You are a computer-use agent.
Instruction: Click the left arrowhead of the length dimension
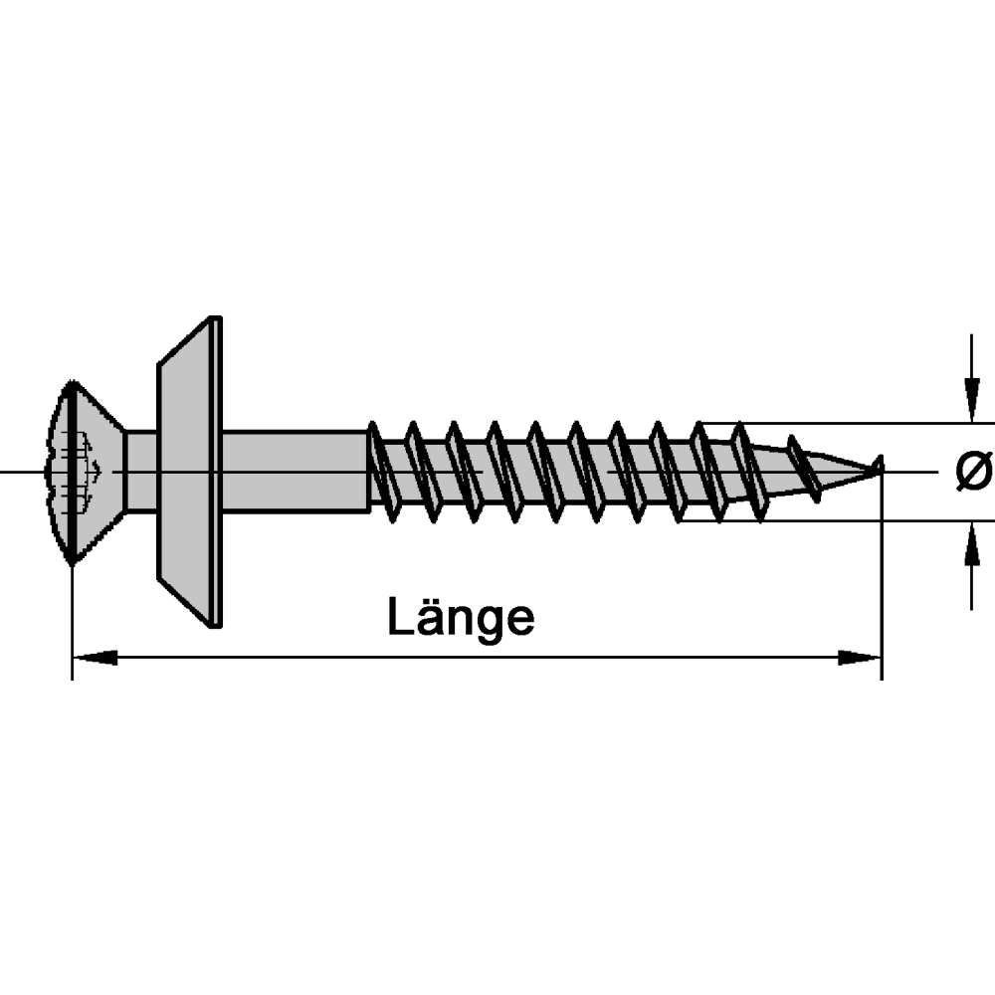point(96,658)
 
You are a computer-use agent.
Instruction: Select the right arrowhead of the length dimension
point(860,658)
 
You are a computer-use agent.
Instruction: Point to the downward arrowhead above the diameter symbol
point(971,399)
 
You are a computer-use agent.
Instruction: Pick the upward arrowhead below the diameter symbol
point(971,543)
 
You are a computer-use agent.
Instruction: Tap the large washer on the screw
point(190,472)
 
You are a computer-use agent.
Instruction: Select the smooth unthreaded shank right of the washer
point(296,472)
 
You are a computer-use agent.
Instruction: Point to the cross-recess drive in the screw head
point(75,472)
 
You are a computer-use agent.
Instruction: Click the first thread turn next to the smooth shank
point(383,472)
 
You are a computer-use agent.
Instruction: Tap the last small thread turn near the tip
point(803,469)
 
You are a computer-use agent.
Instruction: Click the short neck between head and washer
point(141,472)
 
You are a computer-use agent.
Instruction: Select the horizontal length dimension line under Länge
point(478,658)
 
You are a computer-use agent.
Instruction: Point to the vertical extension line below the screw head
point(73,622)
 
